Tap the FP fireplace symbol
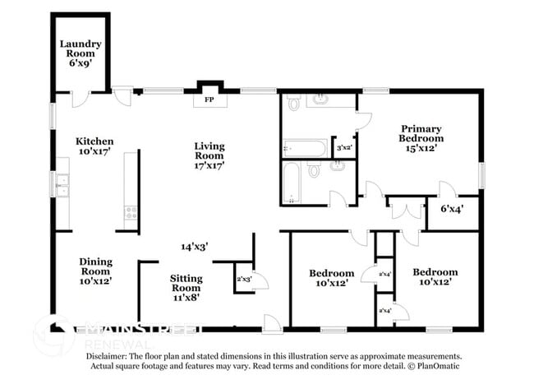click(209, 100)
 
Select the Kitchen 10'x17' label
click(94, 146)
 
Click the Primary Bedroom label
click(421, 138)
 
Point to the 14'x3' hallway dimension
click(195, 246)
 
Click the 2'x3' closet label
click(244, 279)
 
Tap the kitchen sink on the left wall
click(61, 186)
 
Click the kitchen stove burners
click(130, 213)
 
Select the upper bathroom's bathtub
click(305, 149)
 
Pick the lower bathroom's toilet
click(314, 172)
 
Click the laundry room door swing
click(80, 98)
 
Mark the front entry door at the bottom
click(271, 323)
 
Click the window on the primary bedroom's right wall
click(481, 175)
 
